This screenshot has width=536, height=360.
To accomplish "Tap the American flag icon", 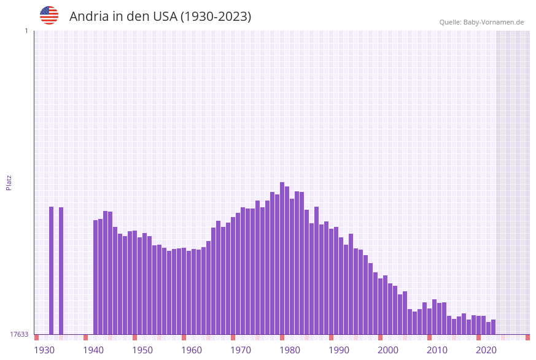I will (x=49, y=15).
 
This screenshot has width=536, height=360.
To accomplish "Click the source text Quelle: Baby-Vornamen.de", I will (x=481, y=22).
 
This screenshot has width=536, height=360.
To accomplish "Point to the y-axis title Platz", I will (x=9, y=182).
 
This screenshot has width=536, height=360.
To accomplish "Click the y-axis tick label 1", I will (x=26, y=31).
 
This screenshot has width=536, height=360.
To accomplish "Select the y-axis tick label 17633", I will (x=19, y=334).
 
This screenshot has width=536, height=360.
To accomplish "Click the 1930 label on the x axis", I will (x=44, y=350).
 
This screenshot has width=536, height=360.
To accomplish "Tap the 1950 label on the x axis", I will (x=142, y=350).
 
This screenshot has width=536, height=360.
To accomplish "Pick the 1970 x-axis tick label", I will (x=241, y=350).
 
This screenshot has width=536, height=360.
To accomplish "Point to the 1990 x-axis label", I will (x=339, y=350).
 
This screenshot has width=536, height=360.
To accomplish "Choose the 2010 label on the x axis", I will (x=437, y=350).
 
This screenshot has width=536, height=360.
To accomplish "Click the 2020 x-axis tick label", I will (x=486, y=350).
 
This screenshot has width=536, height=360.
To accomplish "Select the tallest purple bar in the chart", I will (x=282, y=258).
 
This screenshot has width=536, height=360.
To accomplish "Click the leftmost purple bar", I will (x=52, y=270).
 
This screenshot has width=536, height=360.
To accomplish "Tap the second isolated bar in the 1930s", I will (x=61, y=270).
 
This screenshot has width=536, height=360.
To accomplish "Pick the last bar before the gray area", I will (x=494, y=327).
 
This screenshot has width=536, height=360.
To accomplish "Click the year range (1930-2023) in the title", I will (x=216, y=17).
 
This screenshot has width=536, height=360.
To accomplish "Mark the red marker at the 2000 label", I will (x=381, y=337).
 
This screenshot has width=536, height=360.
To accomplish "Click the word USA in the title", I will (x=163, y=17).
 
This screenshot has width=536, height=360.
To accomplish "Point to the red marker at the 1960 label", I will (x=184, y=337).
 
